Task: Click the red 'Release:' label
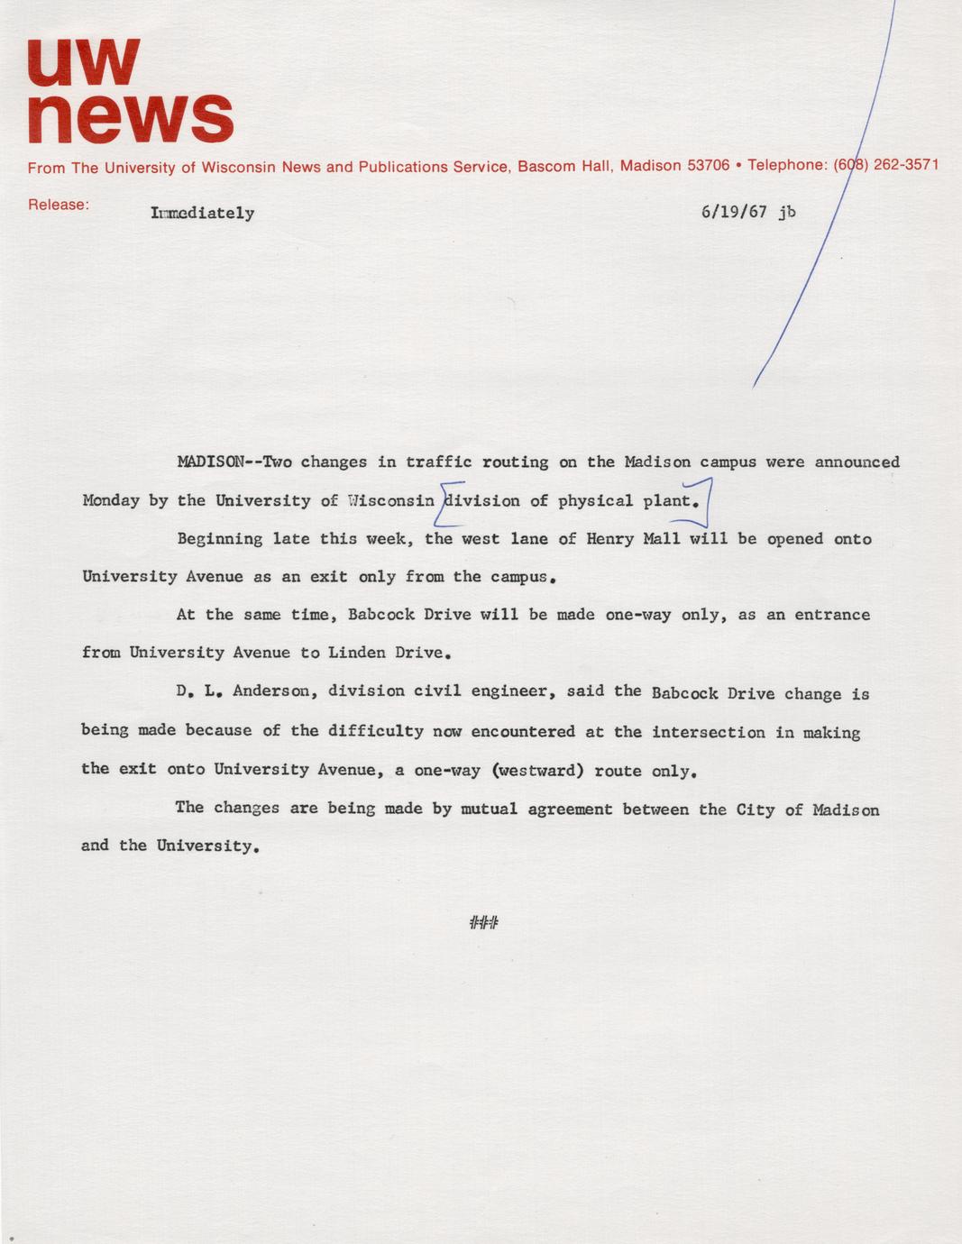59,205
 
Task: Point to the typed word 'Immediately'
203,214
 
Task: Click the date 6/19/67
733,212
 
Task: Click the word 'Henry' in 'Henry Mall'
609,539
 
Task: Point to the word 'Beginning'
219,539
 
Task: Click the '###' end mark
484,922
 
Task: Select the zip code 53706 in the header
708,166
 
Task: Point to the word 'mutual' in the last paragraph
489,809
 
